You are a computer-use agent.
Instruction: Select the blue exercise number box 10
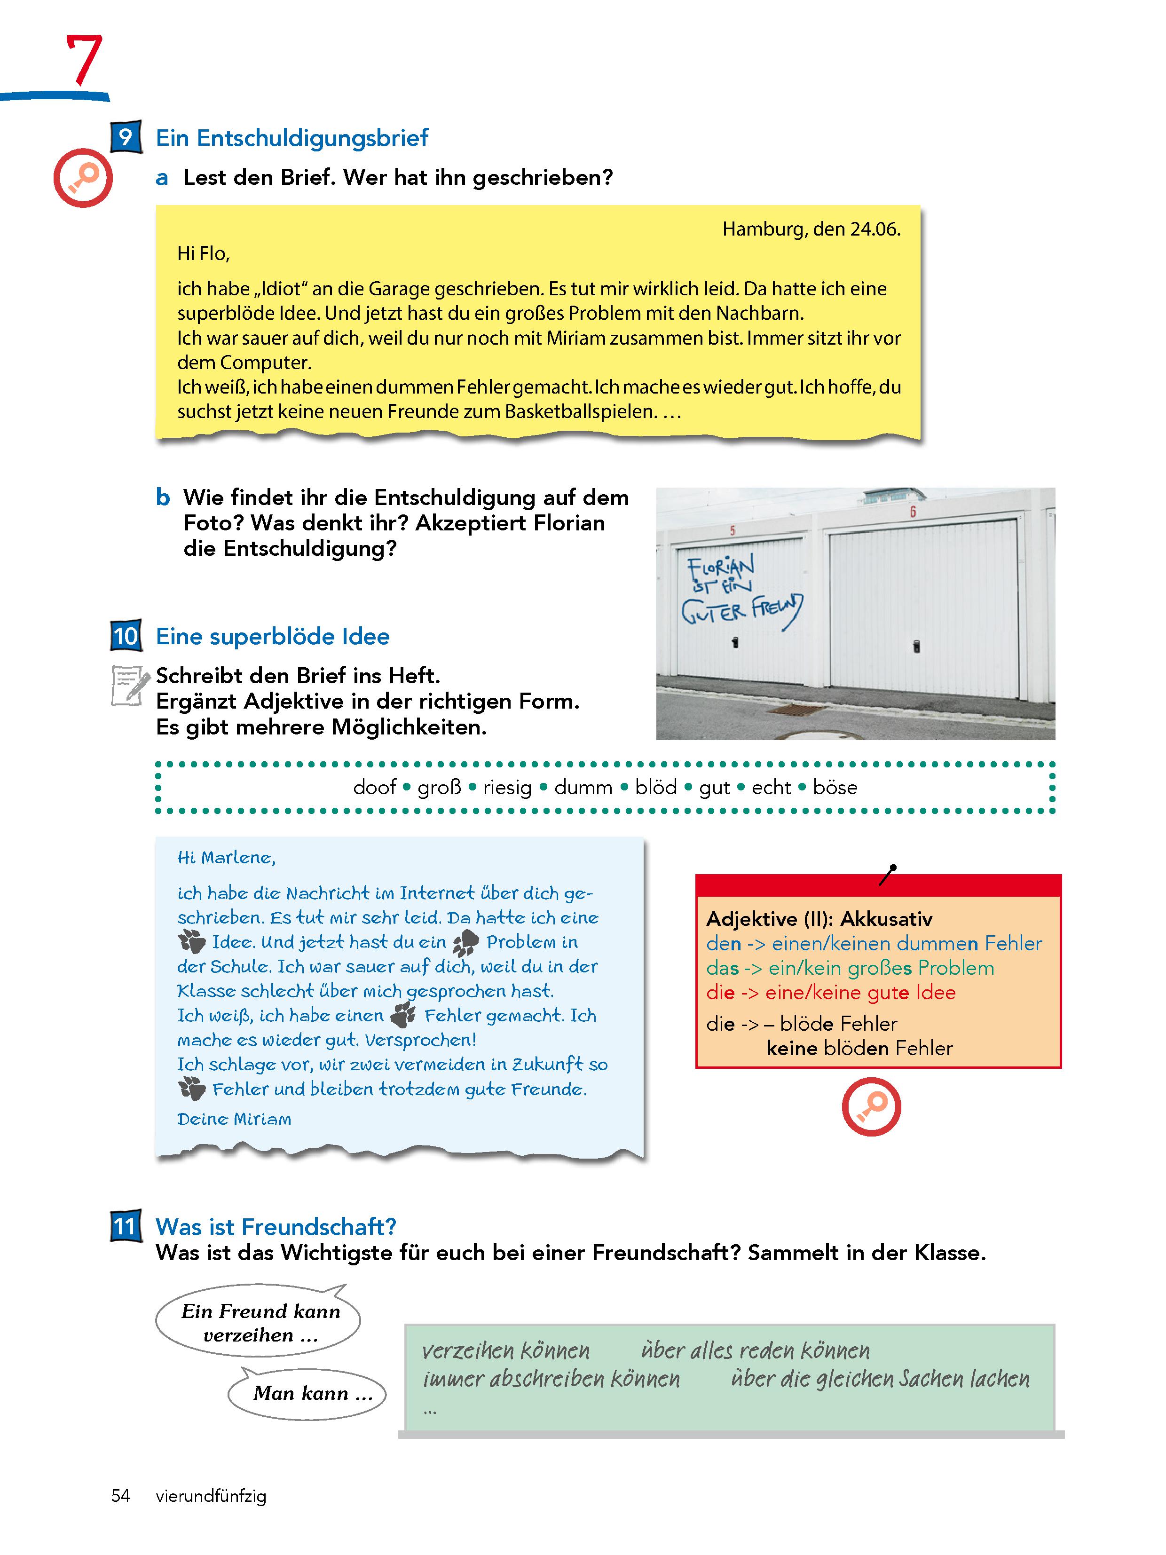(x=126, y=636)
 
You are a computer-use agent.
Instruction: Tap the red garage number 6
(x=913, y=512)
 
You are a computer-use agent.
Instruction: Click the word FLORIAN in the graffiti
(x=720, y=565)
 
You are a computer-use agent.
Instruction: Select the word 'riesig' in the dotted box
(x=507, y=787)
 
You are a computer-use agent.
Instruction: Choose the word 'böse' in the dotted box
(x=835, y=787)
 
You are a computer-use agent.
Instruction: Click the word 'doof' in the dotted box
(x=375, y=787)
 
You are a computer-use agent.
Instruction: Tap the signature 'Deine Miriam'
(x=234, y=1119)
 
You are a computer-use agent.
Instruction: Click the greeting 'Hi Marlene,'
(x=226, y=858)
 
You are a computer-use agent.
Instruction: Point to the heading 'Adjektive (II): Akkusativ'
(x=819, y=919)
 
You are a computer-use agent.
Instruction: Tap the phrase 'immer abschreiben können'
(x=551, y=1379)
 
